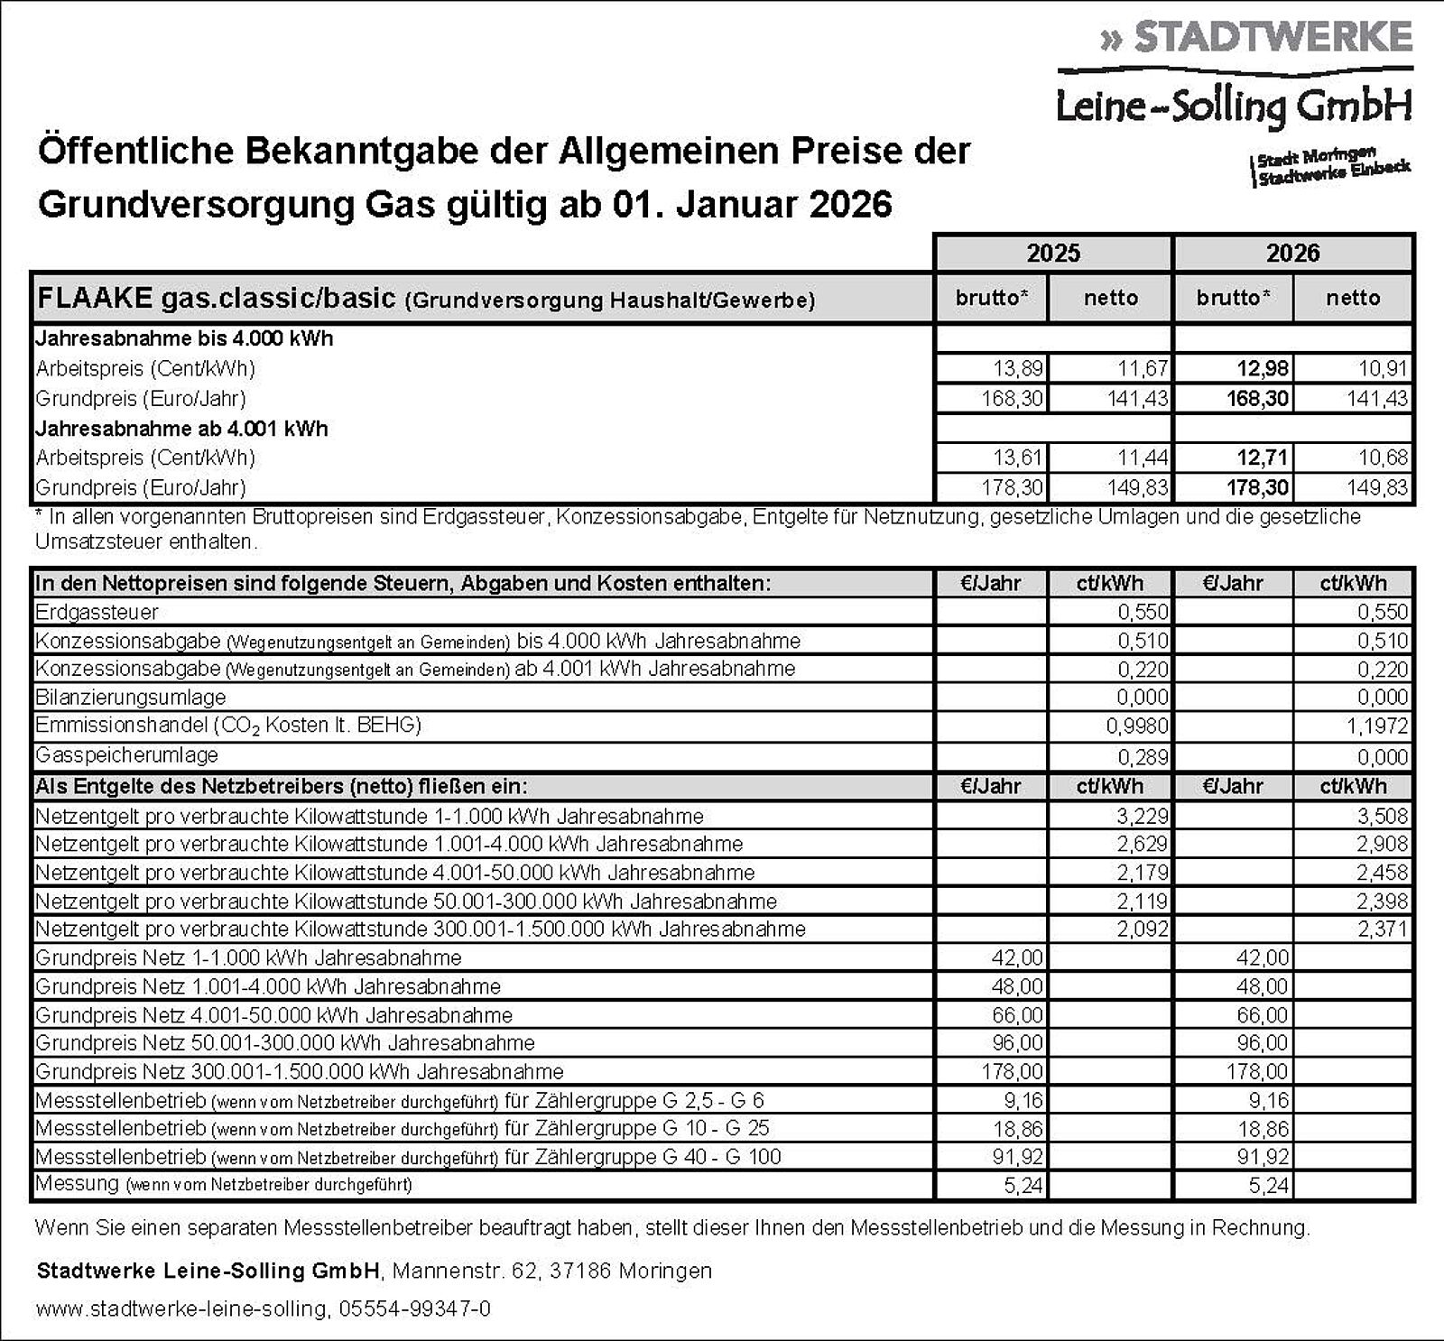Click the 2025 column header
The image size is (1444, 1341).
coord(1053,253)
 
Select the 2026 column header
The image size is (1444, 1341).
coord(1292,253)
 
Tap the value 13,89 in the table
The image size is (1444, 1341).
coord(1017,368)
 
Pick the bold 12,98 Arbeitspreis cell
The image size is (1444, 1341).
coord(1263,368)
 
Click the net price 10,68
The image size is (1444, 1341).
coord(1383,458)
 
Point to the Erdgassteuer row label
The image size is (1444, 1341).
coord(97,612)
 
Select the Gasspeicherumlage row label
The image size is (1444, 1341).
coord(126,754)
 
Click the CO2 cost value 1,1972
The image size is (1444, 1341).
coord(1379,726)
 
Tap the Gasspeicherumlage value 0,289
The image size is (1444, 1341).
coord(1143,756)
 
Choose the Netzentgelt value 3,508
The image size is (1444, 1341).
coord(1383,816)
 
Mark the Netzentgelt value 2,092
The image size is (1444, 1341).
coord(1143,929)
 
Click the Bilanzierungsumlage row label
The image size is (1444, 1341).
coord(130,698)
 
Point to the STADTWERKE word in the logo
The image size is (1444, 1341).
coord(1273,37)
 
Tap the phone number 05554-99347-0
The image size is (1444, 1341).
coord(415,1309)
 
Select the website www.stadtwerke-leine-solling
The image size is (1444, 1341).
coord(181,1309)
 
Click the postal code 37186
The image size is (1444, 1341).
coord(581,1271)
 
